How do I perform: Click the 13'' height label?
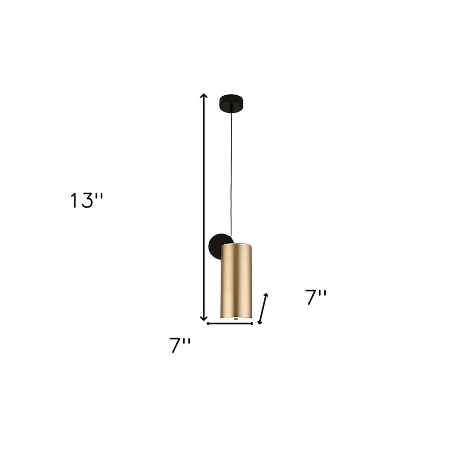coord(86,201)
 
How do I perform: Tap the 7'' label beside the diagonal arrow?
coord(316,297)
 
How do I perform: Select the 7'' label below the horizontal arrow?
coord(180,345)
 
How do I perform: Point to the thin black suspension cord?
coord(231,178)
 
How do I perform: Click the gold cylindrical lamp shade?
coord(238,281)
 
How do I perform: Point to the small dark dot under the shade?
coord(236,319)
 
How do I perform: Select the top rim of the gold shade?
coord(238,244)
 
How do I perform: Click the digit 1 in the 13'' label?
coord(74,201)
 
